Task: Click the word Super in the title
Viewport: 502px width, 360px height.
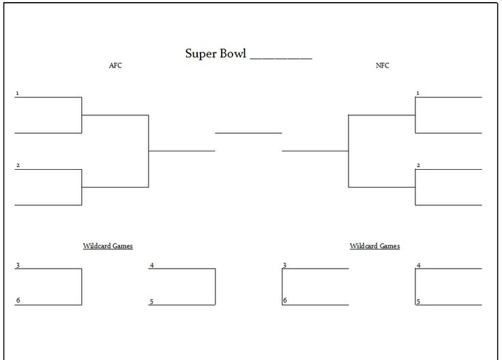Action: [199, 54]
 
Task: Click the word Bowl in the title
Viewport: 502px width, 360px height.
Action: [232, 53]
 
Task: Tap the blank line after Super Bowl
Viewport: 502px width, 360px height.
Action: [281, 59]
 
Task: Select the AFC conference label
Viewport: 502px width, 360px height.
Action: [115, 65]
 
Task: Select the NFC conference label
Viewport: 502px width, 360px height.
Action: [382, 65]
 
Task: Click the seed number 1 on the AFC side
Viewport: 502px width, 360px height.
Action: [17, 93]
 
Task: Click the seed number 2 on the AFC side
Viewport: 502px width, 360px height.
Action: [18, 166]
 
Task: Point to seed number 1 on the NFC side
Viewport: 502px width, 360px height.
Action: [417, 93]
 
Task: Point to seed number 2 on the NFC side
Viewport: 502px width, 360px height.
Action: [418, 166]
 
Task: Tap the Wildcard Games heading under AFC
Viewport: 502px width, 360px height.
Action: [108, 245]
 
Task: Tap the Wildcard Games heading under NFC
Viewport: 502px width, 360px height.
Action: [374, 245]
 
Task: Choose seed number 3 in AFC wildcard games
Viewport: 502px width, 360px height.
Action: [18, 265]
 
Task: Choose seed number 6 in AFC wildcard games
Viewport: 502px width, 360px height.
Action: [18, 300]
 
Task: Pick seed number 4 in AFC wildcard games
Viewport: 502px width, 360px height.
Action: [151, 265]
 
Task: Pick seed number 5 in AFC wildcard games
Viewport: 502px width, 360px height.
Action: [151, 301]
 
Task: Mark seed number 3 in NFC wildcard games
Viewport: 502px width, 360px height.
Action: [284, 265]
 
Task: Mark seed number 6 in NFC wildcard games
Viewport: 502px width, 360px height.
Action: [285, 300]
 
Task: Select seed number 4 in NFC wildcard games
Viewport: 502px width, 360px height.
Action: [418, 265]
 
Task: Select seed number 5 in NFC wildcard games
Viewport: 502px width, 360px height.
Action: [418, 301]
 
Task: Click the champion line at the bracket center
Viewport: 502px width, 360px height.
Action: [248, 133]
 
